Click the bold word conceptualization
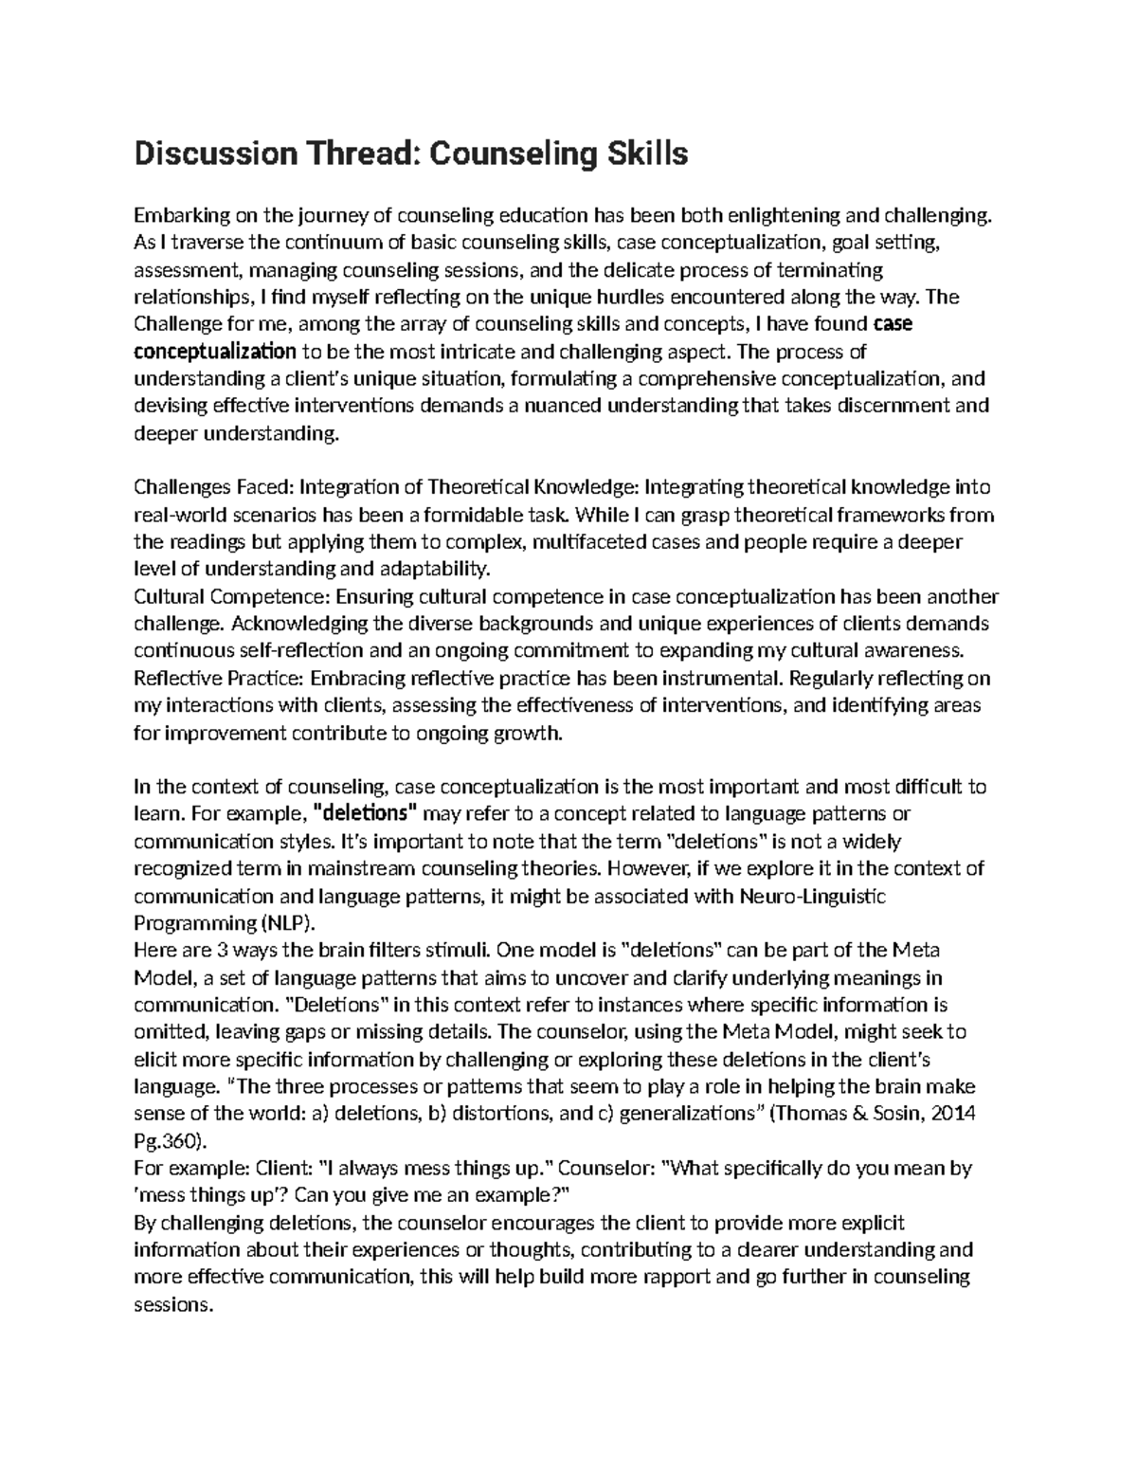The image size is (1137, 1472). [215, 352]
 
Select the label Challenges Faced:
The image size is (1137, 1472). [215, 488]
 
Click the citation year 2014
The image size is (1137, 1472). [953, 1114]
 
